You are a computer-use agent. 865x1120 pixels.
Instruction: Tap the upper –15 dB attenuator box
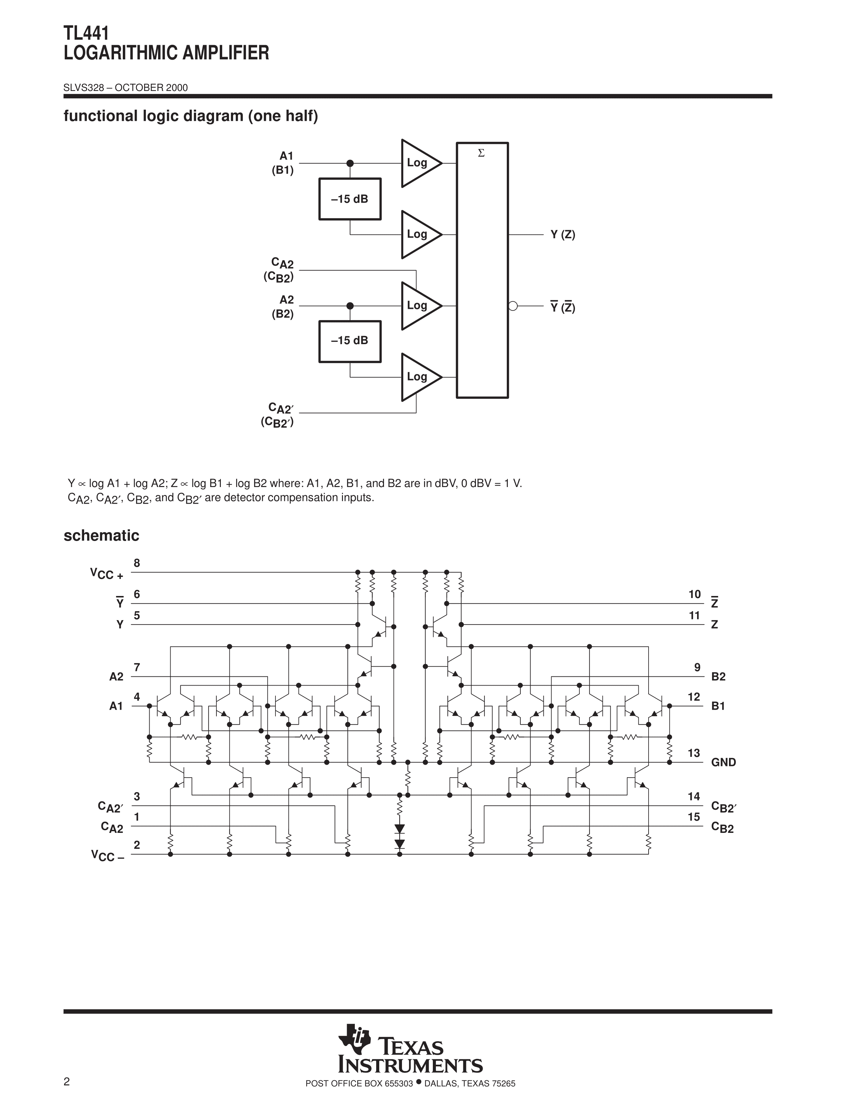pyautogui.click(x=350, y=199)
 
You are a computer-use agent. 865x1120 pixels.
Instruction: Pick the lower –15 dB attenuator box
pyautogui.click(x=350, y=341)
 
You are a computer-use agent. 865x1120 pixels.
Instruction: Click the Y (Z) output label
pyautogui.click(x=563, y=235)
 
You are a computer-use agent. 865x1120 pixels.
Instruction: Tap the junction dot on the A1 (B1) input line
pyautogui.click(x=350, y=163)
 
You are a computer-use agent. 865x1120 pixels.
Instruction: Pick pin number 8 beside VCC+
pyautogui.click(x=137, y=563)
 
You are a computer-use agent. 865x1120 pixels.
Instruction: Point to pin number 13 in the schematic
pyautogui.click(x=694, y=753)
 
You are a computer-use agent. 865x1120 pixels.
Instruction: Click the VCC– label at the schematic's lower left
pyautogui.click(x=108, y=855)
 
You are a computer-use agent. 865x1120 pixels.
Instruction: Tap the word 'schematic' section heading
pyautogui.click(x=101, y=535)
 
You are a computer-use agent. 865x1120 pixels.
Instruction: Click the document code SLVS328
pyautogui.click(x=84, y=88)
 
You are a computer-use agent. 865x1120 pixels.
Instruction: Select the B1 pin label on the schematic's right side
pyautogui.click(x=718, y=706)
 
